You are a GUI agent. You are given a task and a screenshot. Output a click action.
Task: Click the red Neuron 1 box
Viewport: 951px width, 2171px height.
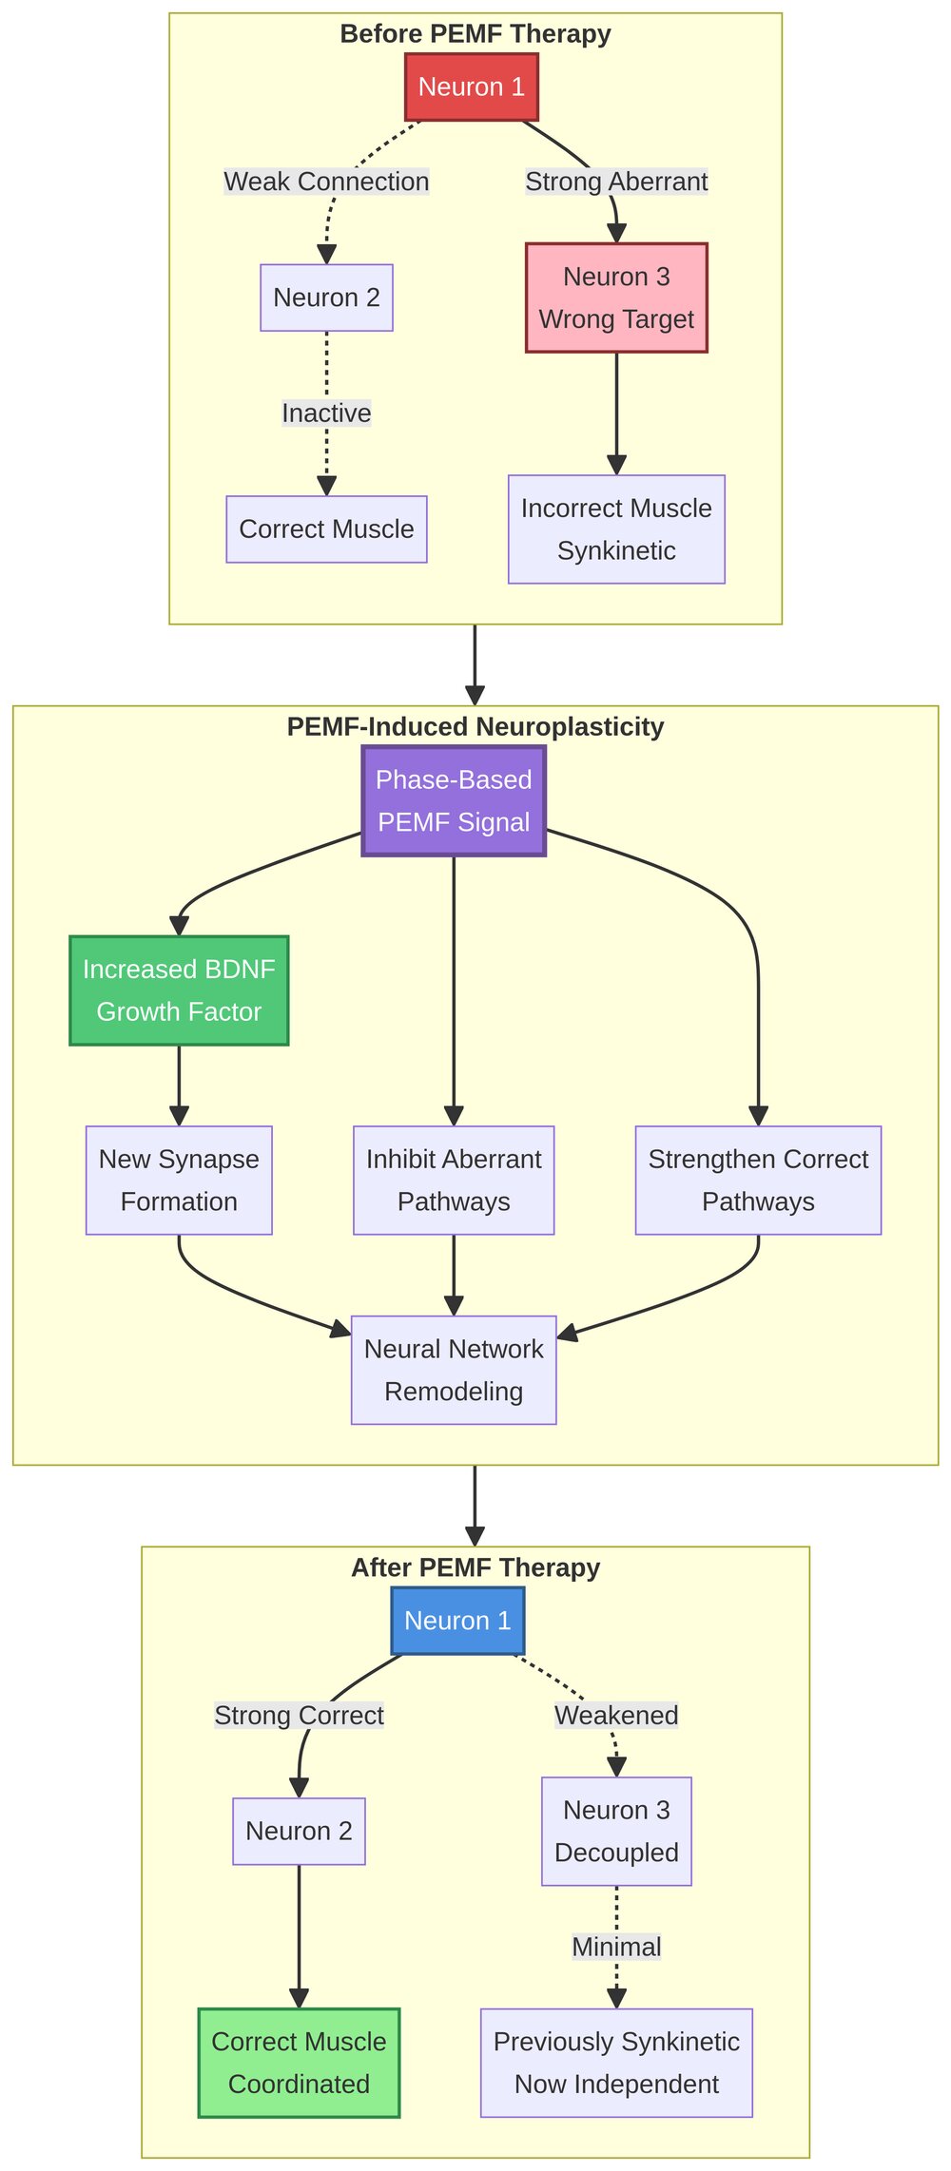tap(471, 87)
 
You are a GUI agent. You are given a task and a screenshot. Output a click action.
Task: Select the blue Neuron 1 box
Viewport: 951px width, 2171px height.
tap(457, 1621)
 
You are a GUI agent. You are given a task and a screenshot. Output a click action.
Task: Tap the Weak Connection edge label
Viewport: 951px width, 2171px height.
tap(326, 182)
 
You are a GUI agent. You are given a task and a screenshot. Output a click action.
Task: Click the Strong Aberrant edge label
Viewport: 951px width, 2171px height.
tap(616, 182)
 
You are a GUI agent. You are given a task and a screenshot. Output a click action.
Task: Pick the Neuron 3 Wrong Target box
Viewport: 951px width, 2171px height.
tap(616, 298)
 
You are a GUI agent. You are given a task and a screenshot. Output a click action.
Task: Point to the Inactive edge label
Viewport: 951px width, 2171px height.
tap(326, 413)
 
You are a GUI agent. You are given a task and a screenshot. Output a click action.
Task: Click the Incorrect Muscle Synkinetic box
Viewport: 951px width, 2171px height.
tap(616, 529)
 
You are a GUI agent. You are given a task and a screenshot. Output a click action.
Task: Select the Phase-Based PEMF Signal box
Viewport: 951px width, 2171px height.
tap(454, 800)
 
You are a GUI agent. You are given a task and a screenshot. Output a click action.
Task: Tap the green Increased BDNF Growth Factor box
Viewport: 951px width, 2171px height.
tap(179, 990)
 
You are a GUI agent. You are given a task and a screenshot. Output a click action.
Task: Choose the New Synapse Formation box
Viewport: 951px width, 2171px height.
tap(179, 1181)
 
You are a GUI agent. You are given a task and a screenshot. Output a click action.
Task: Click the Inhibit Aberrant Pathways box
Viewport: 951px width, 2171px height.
tap(454, 1181)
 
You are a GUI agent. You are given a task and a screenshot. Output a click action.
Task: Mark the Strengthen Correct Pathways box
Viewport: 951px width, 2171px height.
tap(758, 1181)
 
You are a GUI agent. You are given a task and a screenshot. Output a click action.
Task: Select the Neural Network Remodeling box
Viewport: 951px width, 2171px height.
tap(454, 1370)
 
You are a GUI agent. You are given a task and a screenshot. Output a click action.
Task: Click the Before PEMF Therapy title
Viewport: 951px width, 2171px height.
tap(475, 34)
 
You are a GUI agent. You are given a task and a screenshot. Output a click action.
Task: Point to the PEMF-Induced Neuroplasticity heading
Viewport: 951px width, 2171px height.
tap(475, 727)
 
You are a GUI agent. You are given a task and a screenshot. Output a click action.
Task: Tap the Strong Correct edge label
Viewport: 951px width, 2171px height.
tap(299, 1715)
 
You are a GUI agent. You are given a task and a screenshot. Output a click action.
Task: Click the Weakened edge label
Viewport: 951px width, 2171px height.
tap(616, 1715)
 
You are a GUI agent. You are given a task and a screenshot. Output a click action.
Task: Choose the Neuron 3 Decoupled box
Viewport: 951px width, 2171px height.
tap(616, 1831)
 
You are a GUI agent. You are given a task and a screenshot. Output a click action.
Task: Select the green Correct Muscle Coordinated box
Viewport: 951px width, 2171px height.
tap(299, 2063)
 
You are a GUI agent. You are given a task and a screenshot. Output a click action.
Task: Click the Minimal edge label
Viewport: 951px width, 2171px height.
tap(616, 1947)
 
